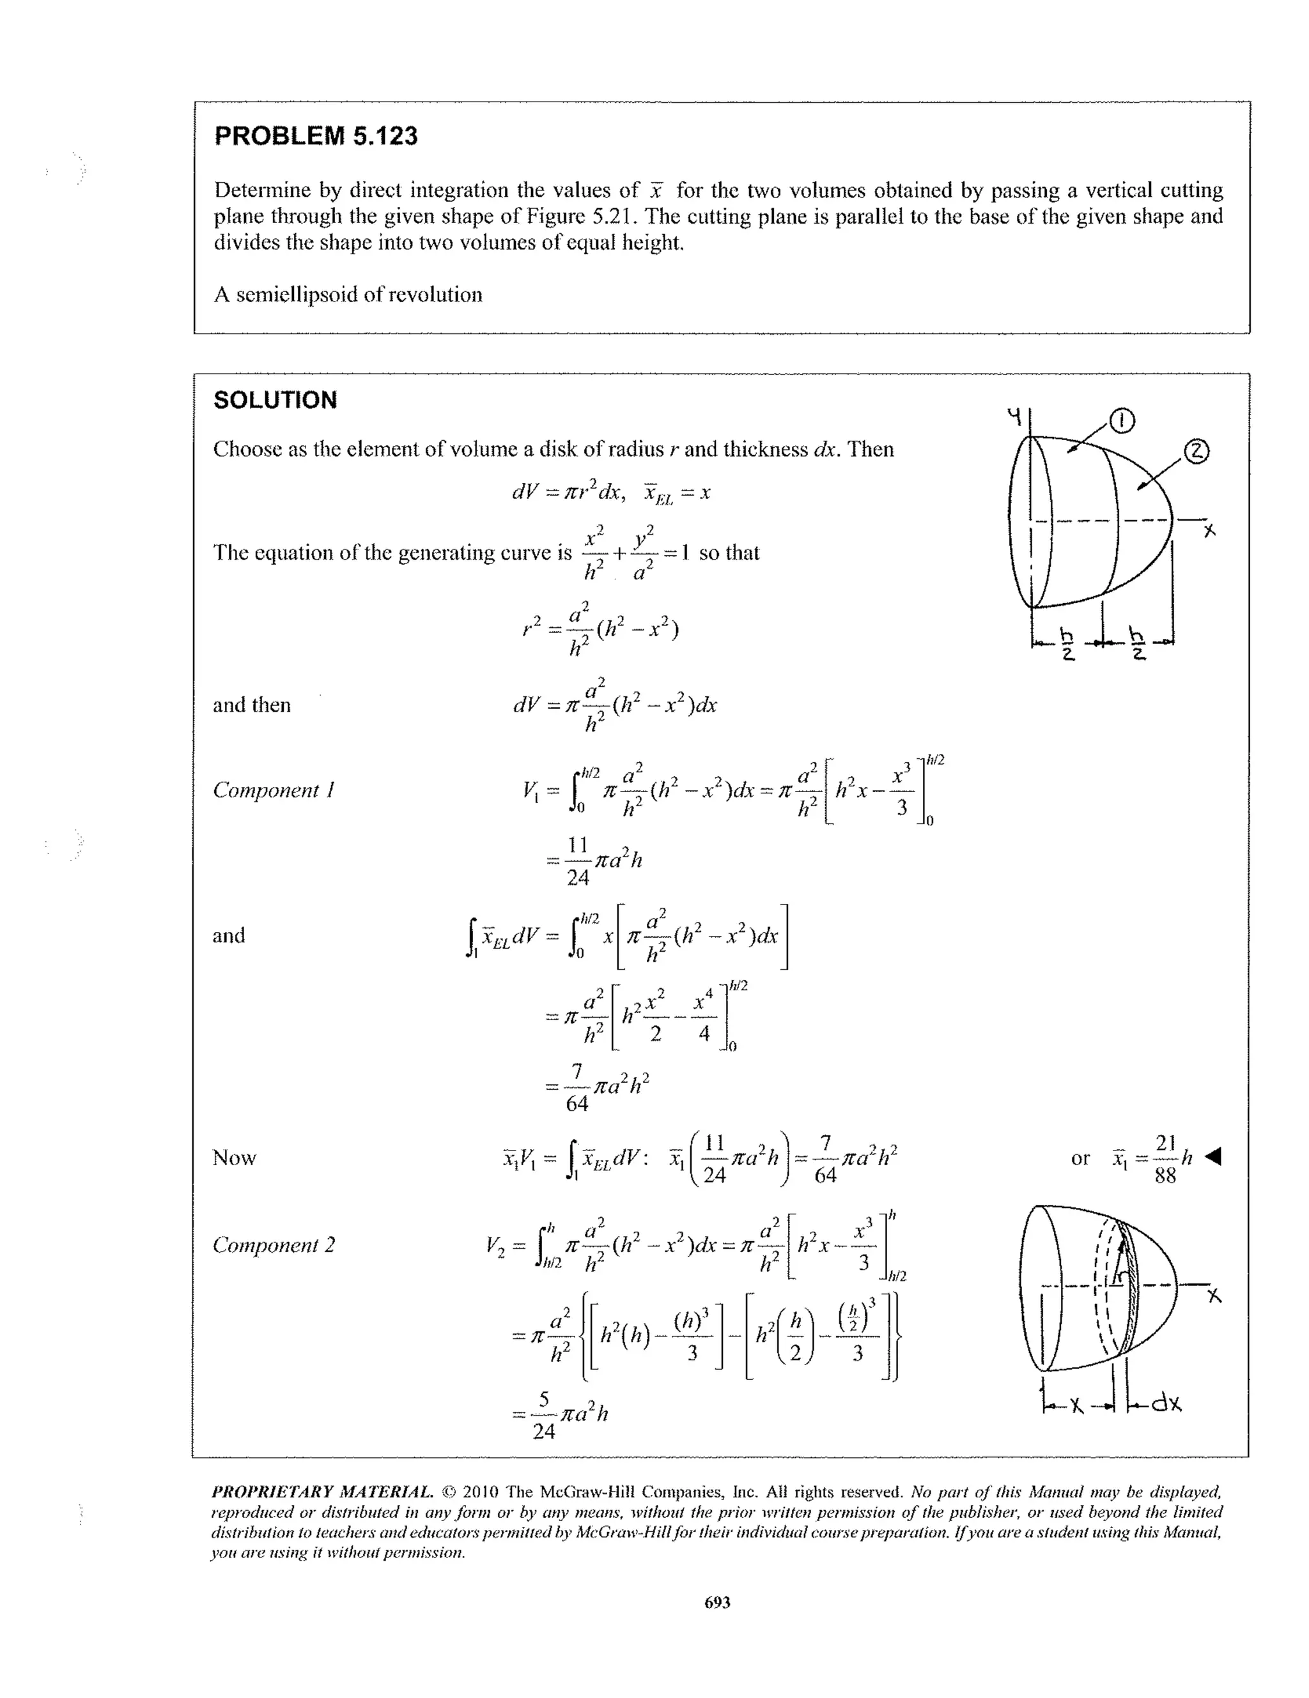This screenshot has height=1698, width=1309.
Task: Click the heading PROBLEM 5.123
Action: click(316, 136)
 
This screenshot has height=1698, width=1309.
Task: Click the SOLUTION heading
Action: click(275, 401)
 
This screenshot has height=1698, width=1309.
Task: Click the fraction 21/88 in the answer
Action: click(1165, 1158)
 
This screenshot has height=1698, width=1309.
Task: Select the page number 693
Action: click(717, 1602)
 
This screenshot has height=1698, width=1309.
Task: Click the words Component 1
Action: click(274, 790)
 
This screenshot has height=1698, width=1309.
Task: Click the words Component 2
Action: click(274, 1244)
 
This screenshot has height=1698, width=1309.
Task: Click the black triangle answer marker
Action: click(1212, 1158)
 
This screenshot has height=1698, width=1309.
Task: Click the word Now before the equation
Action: click(234, 1158)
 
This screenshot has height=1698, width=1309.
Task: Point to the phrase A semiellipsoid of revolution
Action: click(348, 294)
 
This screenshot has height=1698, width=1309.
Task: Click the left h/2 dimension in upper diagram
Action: click(1068, 643)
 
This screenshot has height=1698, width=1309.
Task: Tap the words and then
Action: click(251, 705)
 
